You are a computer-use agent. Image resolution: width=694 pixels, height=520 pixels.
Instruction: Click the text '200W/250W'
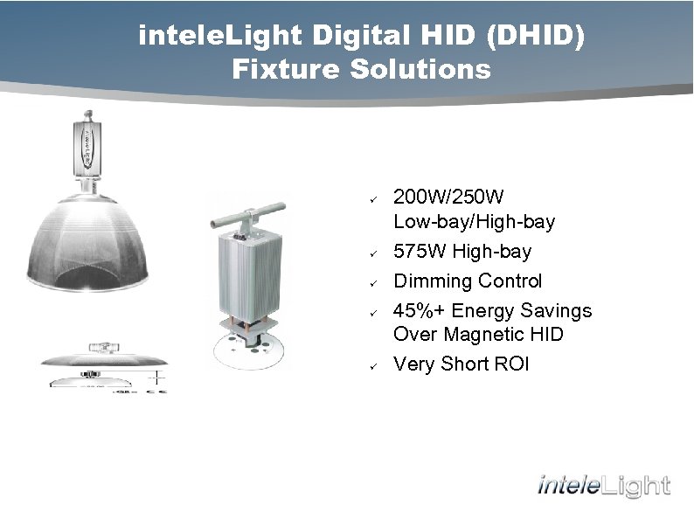point(448,197)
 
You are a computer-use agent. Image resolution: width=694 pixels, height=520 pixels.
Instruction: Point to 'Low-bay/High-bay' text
point(474,222)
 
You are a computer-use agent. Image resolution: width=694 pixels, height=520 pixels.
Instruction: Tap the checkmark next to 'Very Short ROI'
point(371,366)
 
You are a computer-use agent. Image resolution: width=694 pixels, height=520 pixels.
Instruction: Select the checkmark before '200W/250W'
point(371,198)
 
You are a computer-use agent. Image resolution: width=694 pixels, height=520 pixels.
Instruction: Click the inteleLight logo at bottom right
point(603,486)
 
